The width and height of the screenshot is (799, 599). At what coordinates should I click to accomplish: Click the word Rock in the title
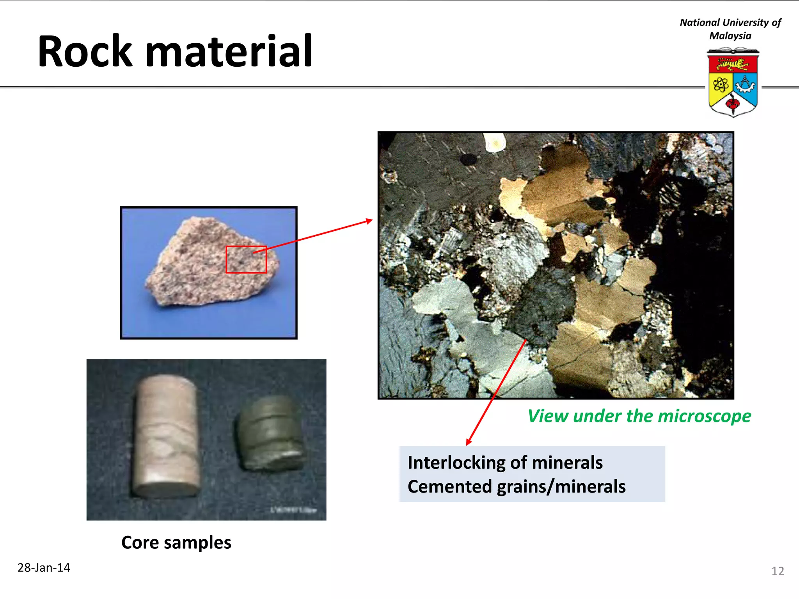point(85,51)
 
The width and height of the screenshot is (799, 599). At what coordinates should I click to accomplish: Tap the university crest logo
point(733,83)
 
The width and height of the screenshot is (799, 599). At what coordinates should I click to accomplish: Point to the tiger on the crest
point(732,64)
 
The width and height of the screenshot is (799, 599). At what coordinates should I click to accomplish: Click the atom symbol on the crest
point(721,84)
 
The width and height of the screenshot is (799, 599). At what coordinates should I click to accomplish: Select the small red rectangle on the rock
point(246,259)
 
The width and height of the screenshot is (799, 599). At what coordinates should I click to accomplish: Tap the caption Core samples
point(176,542)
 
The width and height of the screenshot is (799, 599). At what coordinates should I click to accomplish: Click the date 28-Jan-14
point(44,568)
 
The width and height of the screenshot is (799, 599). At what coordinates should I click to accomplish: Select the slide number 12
point(778,571)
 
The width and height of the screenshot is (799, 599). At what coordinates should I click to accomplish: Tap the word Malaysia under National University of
point(730,36)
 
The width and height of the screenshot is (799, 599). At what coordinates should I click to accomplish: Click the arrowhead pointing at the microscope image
point(369,221)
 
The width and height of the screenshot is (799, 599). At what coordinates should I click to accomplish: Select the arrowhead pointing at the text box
point(469,442)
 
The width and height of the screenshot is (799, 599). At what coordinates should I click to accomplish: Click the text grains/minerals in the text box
point(561,487)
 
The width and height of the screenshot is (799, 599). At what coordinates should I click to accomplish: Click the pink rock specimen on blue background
point(213,262)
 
